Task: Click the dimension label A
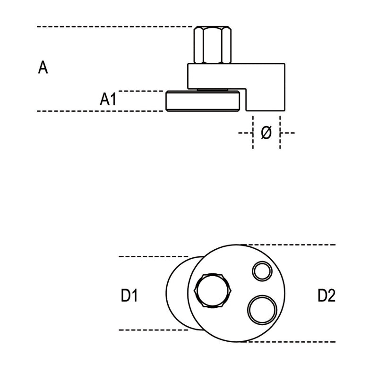[43, 68]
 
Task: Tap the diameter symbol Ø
[266, 133]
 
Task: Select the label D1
[129, 296]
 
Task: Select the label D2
[326, 296]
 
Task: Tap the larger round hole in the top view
[262, 309]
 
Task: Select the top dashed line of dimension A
[113, 27]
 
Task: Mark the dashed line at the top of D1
[151, 256]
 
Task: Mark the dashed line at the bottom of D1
[151, 330]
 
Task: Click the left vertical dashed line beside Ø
[253, 135]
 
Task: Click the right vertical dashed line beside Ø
[280, 135]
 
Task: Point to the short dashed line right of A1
[142, 91]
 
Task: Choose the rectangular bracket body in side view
[236, 75]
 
